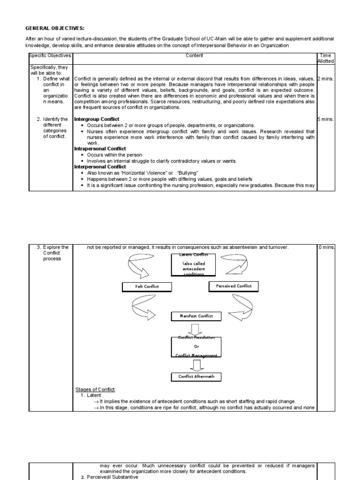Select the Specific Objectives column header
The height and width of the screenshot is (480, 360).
point(50,56)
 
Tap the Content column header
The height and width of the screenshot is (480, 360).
point(194,56)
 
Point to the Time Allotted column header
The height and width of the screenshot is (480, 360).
point(325,58)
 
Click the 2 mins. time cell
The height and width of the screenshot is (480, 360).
point(325,79)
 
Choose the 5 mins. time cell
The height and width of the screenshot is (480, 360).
point(325,120)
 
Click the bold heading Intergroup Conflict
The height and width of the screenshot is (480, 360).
point(97,120)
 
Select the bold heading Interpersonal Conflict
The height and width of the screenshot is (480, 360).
point(100,167)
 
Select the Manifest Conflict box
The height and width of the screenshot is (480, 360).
point(196,316)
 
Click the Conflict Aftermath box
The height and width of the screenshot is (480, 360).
point(196,376)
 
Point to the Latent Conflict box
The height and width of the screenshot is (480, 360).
point(194,264)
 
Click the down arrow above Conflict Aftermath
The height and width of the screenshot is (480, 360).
point(196,365)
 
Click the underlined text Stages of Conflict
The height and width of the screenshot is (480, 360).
point(95,390)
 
